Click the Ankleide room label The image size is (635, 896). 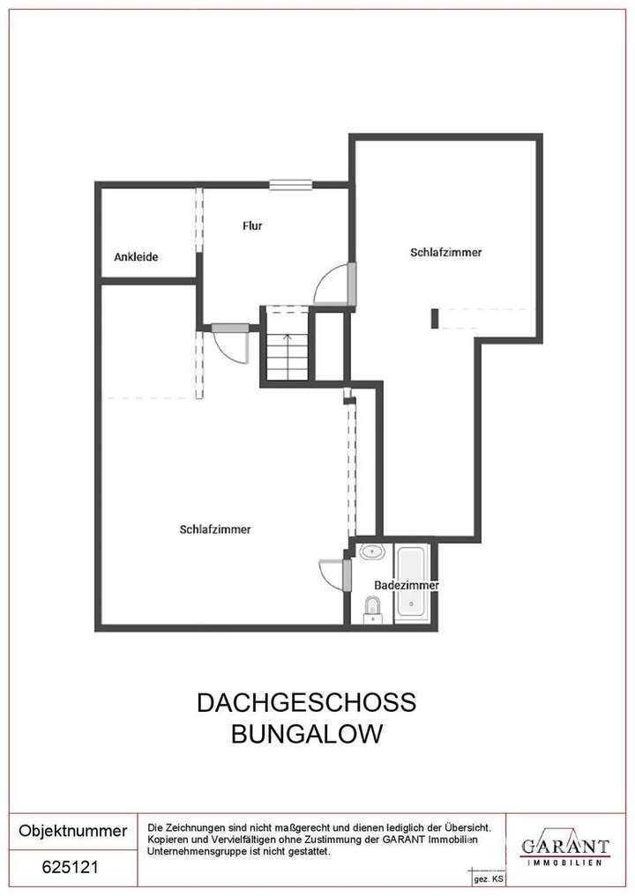136,257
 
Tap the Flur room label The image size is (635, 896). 252,226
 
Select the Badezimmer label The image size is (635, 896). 406,585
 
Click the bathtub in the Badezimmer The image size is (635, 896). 411,581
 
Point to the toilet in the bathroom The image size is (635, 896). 372,607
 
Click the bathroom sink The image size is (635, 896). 372,553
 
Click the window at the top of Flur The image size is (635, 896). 291,184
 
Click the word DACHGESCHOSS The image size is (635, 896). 306,703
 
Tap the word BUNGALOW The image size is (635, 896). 306,734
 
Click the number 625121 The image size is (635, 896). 71,867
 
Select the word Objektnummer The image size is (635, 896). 73,831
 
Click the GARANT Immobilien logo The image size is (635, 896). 564,848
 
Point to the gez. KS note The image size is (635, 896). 488,879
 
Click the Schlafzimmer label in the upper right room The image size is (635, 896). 445,252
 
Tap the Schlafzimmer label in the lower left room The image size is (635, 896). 215,529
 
